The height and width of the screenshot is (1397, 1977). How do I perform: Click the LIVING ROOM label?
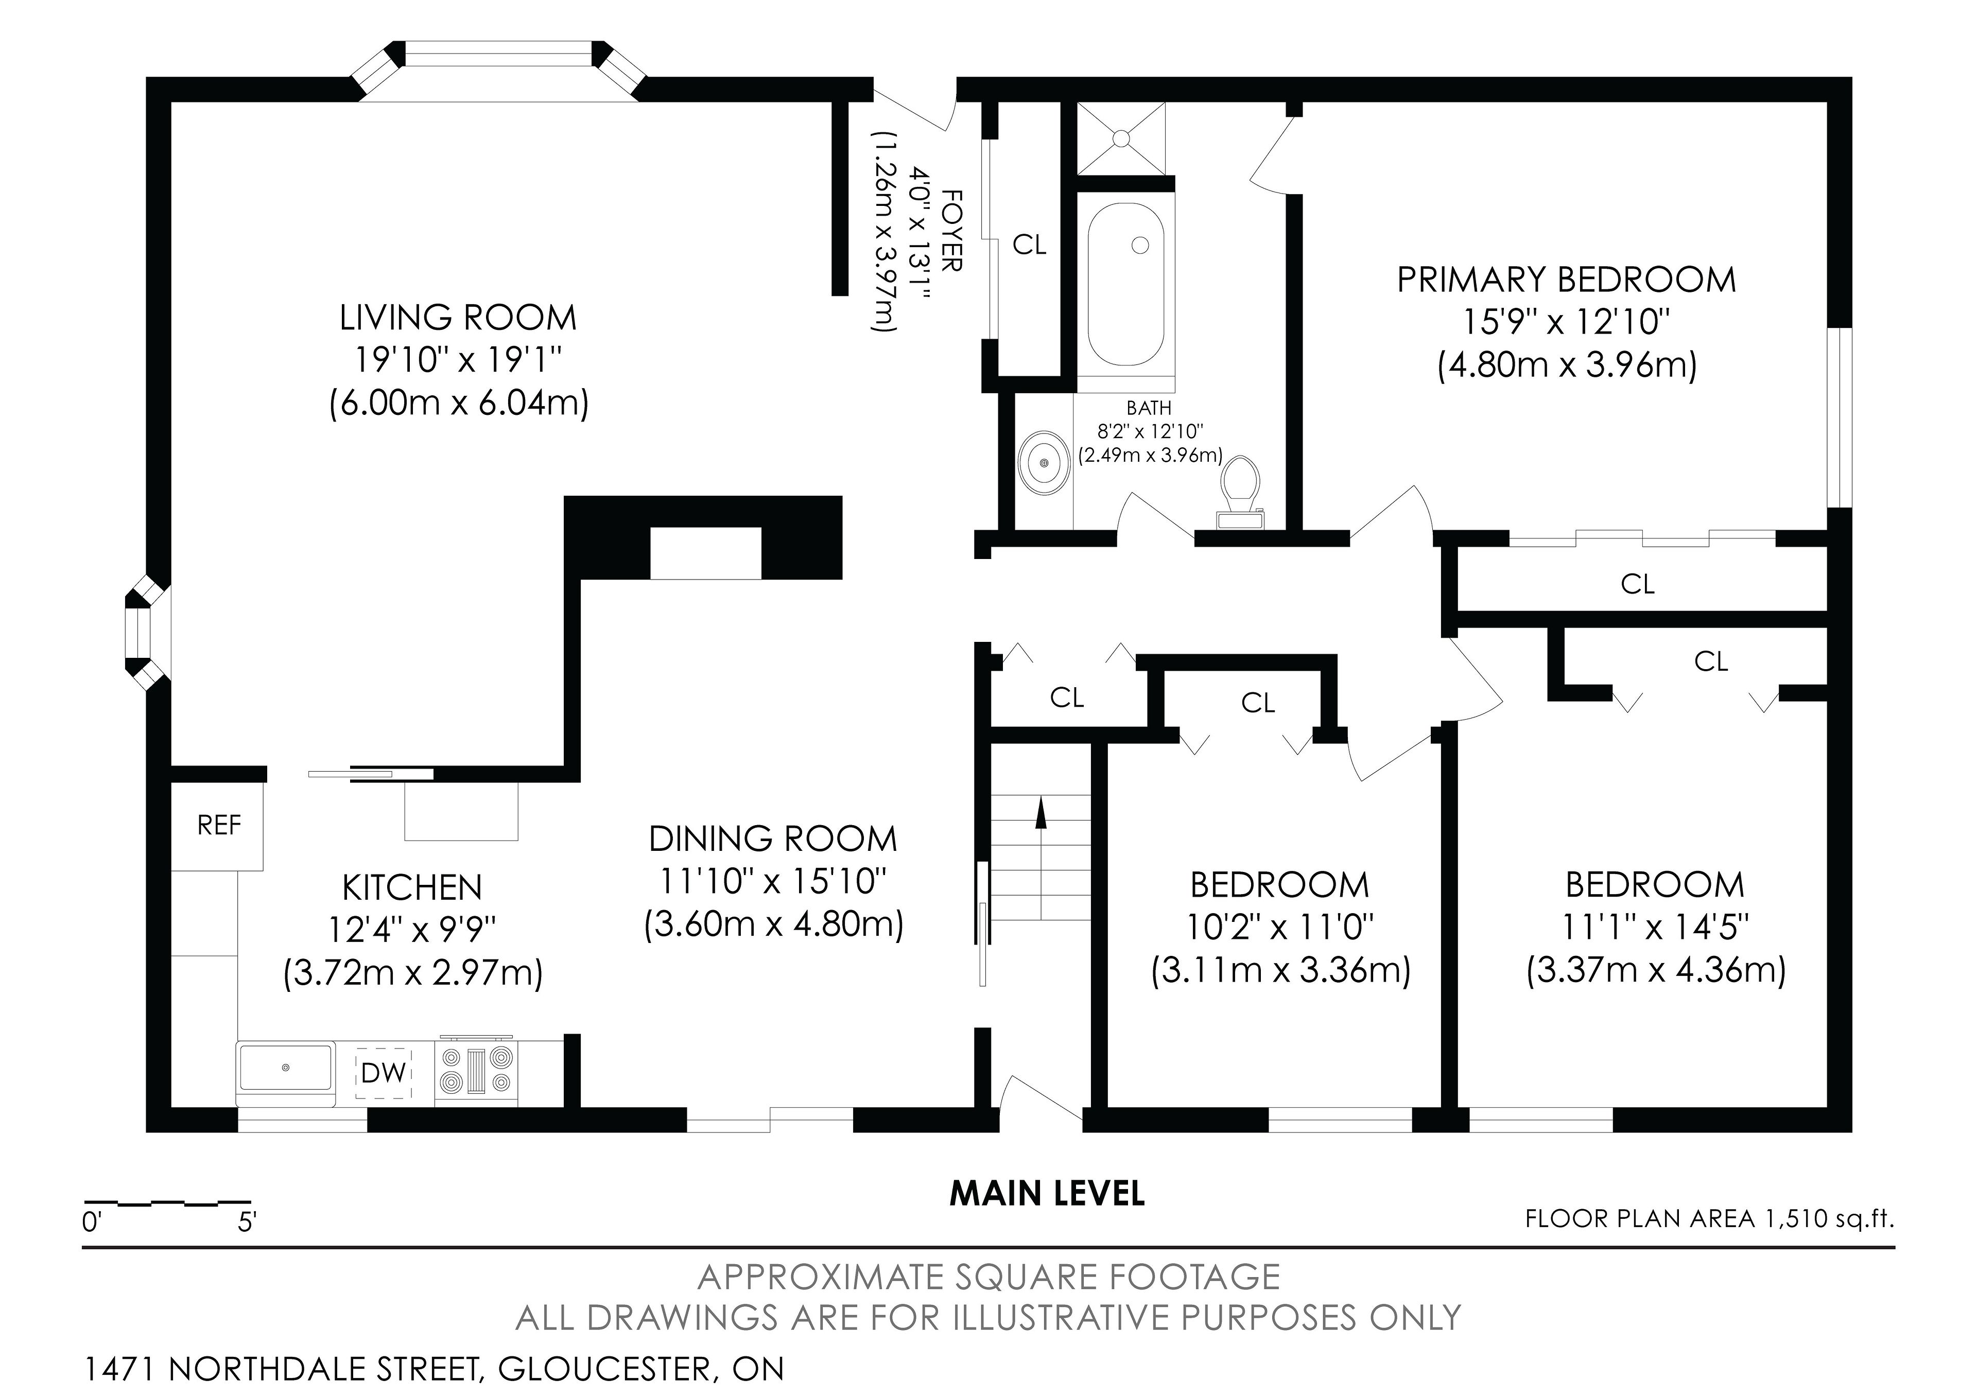coord(458,318)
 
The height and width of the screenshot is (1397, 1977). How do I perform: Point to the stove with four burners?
coord(476,1071)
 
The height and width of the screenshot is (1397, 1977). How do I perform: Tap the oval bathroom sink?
coord(1044,462)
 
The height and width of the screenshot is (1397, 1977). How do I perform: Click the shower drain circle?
coord(1121,138)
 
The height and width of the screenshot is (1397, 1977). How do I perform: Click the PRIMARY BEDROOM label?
coord(1566,280)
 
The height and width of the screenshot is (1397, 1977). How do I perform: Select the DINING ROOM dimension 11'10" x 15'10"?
coord(773,881)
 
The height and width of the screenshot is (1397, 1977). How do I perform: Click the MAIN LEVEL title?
coord(1047,1193)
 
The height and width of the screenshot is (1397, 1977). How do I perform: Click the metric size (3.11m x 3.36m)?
coord(1281,970)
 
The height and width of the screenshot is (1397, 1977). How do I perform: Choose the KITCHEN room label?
coord(412,887)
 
